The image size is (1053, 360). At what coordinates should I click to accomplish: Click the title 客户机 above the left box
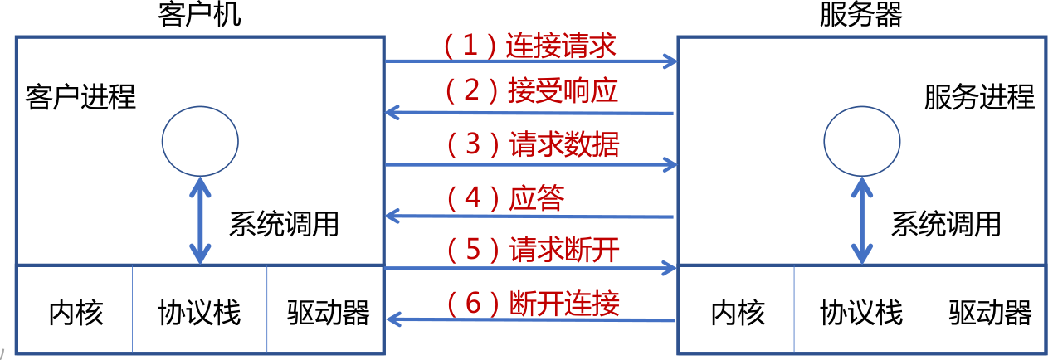[199, 14]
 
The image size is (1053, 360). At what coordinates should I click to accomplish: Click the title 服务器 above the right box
[860, 14]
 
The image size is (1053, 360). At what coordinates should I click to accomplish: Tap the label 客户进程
[80, 97]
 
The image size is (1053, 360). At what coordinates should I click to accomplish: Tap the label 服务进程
[979, 97]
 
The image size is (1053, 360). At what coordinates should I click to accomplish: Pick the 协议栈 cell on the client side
[199, 313]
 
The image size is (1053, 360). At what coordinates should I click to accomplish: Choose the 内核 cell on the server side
[738, 313]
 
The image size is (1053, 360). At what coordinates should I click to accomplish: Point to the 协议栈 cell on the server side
[861, 313]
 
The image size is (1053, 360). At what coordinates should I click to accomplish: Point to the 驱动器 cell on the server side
[990, 313]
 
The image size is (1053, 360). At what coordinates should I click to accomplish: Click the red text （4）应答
[505, 198]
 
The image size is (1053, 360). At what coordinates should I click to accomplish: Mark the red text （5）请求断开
[532, 249]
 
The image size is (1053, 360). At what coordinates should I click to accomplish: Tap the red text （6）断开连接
[532, 303]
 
